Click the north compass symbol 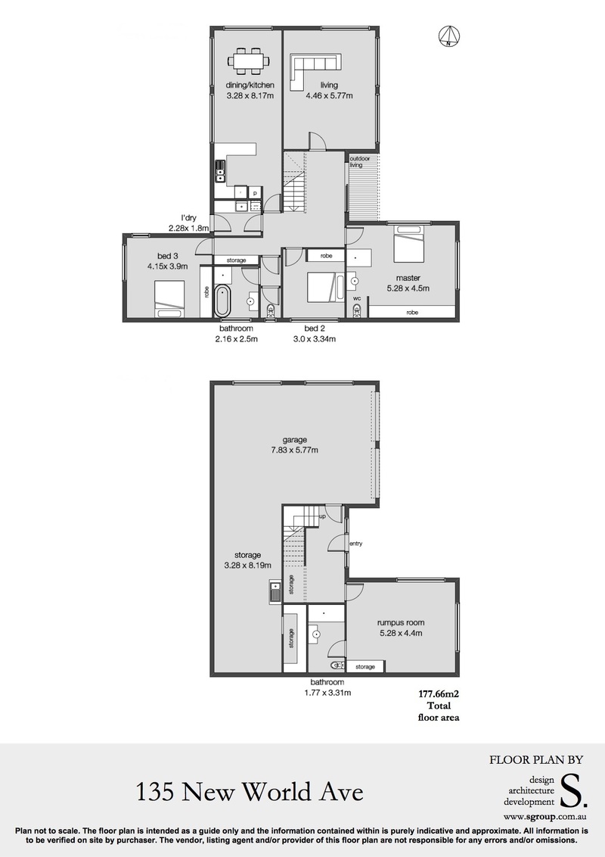(x=448, y=36)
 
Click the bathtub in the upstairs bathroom (x=222, y=300)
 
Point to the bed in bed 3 (x=169, y=298)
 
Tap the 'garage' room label (x=295, y=439)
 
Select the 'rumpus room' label (x=401, y=622)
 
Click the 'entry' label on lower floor (x=356, y=544)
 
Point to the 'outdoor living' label (x=360, y=162)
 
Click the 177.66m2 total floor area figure (x=439, y=694)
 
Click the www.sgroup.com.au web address (x=545, y=817)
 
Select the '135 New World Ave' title (x=249, y=791)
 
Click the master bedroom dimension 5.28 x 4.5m (x=408, y=288)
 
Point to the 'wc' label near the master (x=357, y=298)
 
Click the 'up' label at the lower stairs (x=322, y=516)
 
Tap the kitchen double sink (x=220, y=171)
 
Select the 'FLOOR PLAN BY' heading (x=536, y=759)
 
